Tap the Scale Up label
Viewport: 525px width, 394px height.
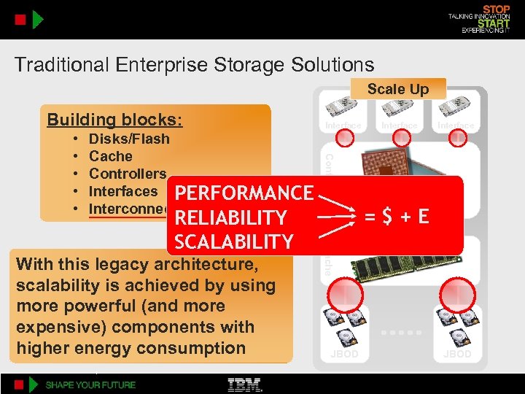pyautogui.click(x=397, y=89)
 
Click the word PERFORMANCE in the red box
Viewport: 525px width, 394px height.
pyautogui.click(x=244, y=193)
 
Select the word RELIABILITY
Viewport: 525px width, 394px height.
pyautogui.click(x=231, y=217)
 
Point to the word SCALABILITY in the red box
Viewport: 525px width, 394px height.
pyautogui.click(x=233, y=242)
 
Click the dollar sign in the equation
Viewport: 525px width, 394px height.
pyautogui.click(x=390, y=217)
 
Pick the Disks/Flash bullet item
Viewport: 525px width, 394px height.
pyautogui.click(x=129, y=139)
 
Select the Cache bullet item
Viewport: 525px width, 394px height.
pyautogui.click(x=111, y=156)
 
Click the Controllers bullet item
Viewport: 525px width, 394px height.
pyautogui.click(x=128, y=174)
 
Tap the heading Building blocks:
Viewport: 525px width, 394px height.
pyautogui.click(x=114, y=120)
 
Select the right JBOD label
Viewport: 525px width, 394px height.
pyautogui.click(x=457, y=355)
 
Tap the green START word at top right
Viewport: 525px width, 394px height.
pyautogui.click(x=494, y=23)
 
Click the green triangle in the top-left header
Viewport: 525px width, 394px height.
pyautogui.click(x=38, y=19)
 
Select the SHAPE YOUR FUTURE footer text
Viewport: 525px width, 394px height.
pyautogui.click(x=91, y=385)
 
